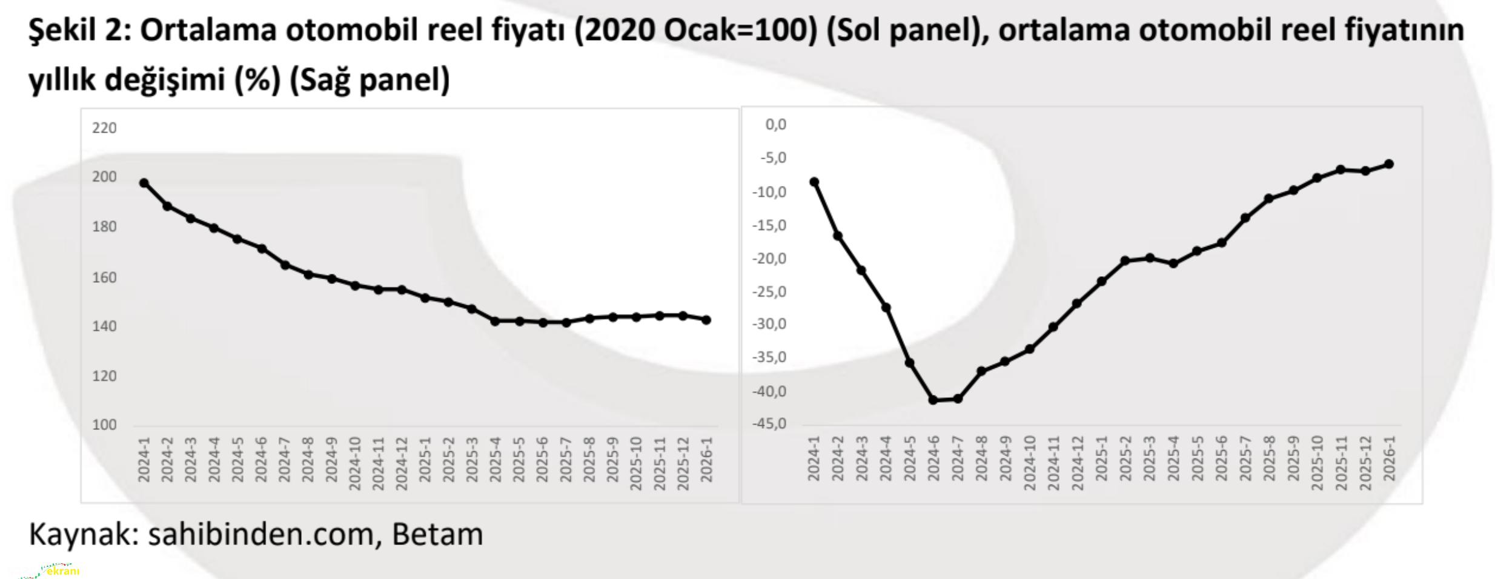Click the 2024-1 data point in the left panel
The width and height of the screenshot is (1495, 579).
(x=144, y=183)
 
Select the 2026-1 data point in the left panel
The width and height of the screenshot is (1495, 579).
(x=706, y=320)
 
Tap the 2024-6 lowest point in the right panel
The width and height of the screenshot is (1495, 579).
(x=933, y=400)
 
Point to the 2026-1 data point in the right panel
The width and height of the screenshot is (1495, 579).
(x=1390, y=164)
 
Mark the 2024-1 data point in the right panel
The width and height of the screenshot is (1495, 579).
(x=814, y=182)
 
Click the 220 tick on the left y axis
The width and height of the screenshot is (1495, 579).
(x=104, y=128)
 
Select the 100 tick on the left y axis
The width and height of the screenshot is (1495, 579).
(x=104, y=425)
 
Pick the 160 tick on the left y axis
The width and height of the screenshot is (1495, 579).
(x=104, y=277)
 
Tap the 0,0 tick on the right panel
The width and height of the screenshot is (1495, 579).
(x=776, y=125)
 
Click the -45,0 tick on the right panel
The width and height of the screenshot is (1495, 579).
(x=769, y=424)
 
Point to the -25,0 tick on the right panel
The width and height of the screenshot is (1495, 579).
(x=769, y=292)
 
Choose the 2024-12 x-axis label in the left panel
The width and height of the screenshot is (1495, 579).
(x=401, y=463)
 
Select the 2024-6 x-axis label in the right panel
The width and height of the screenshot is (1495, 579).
(x=933, y=458)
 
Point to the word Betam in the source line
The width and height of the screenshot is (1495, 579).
(x=437, y=534)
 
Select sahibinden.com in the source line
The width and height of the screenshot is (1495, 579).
(x=260, y=534)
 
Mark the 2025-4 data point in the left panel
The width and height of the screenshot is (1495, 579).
(x=495, y=321)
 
